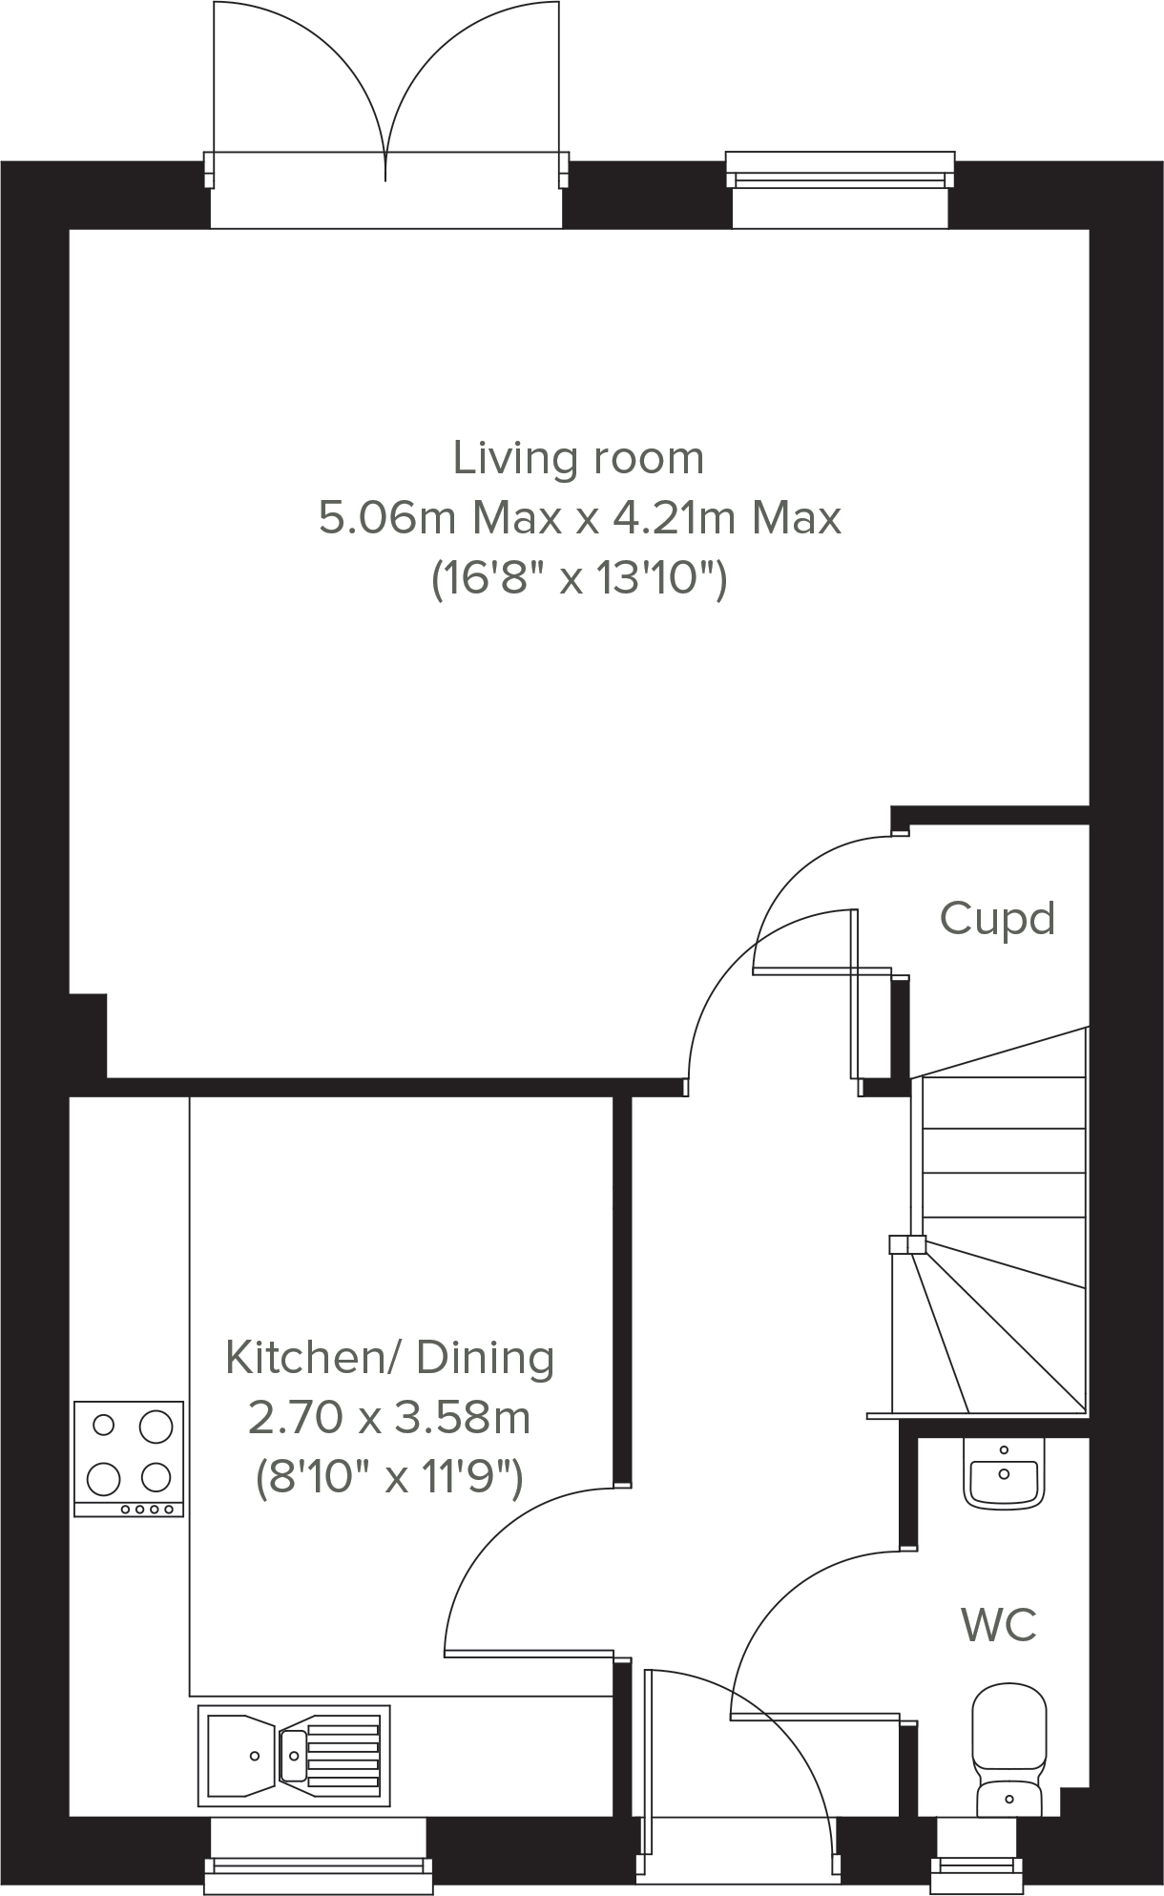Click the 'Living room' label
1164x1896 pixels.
[x=578, y=458]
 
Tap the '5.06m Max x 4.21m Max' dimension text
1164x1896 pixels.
[x=579, y=518]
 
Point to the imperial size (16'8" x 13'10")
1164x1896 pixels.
[x=579, y=578]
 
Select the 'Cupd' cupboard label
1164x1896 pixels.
[x=997, y=919]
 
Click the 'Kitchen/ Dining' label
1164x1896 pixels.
[x=389, y=1357]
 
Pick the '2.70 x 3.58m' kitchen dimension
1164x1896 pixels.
[x=389, y=1418]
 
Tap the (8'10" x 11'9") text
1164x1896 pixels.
[x=389, y=1478]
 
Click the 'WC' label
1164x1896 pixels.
[x=998, y=1624]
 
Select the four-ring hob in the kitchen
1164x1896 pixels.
[x=129, y=1458]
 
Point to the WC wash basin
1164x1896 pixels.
[x=1004, y=1473]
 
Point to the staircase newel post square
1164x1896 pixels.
[x=907, y=1244]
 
